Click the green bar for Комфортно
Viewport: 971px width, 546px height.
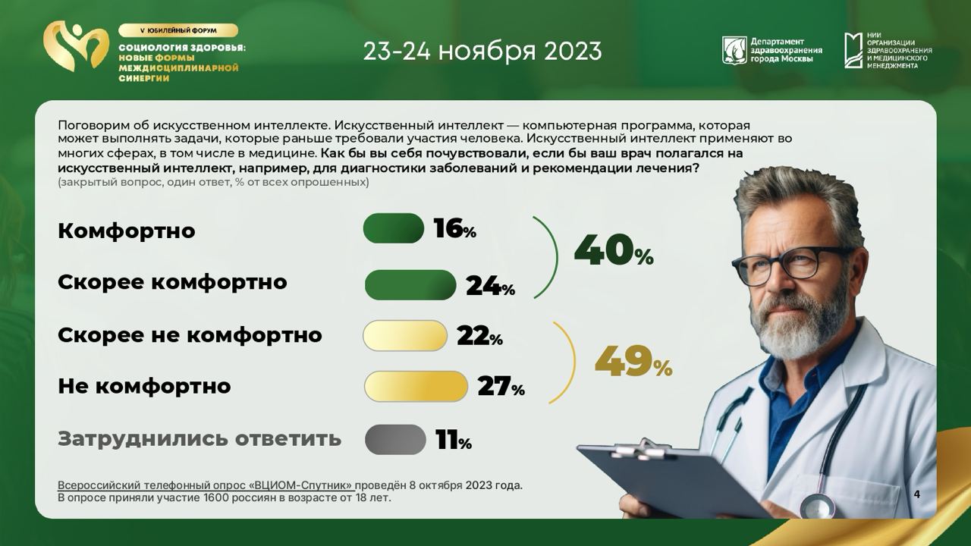[x=393, y=228]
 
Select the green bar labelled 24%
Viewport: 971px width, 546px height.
[x=410, y=284]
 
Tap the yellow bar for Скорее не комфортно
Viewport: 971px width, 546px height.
[x=405, y=335]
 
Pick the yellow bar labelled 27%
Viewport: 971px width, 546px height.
[x=416, y=386]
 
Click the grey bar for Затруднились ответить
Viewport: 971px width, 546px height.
[x=395, y=439]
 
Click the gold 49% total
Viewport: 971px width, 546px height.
[x=633, y=361]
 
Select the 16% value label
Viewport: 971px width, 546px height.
[x=454, y=228]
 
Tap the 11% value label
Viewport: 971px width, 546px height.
[x=454, y=441]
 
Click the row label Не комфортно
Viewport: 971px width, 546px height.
[x=144, y=386]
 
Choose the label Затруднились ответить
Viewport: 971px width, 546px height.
[x=200, y=438]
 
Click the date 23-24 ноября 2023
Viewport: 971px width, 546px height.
[x=482, y=51]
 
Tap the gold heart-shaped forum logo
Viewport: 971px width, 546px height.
[x=75, y=46]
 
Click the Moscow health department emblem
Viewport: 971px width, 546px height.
[x=734, y=50]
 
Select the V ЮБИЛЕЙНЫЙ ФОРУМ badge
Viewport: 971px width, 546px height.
[x=178, y=30]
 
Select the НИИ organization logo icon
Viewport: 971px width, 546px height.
[x=853, y=50]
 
